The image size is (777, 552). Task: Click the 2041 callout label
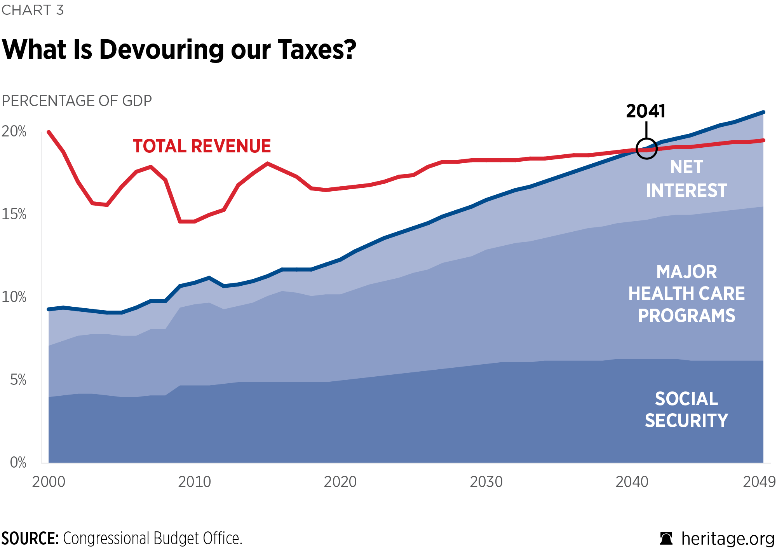coord(646,112)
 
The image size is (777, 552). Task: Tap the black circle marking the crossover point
coord(646,148)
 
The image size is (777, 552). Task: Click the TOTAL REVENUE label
coord(202,146)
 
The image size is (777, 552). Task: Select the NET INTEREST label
coord(686,179)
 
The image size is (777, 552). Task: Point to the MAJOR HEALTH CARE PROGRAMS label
coord(686,293)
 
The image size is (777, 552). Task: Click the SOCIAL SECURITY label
coord(686,410)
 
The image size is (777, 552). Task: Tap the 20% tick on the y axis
coord(14,131)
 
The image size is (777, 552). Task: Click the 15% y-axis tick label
coord(14,214)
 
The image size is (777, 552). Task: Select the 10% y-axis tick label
coord(14,297)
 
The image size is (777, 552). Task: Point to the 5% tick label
coord(18,380)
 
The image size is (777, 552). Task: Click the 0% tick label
coord(18,463)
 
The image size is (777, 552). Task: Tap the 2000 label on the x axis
coord(49,482)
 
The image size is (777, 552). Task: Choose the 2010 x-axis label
coord(194,482)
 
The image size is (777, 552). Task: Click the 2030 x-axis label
coord(486,482)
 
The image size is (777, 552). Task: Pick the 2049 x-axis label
coord(759,482)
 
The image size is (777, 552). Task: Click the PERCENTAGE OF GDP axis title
coord(77,101)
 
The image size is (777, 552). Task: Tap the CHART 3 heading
coord(33,10)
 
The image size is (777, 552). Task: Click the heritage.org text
coord(728,539)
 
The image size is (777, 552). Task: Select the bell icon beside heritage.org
coord(666,539)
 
